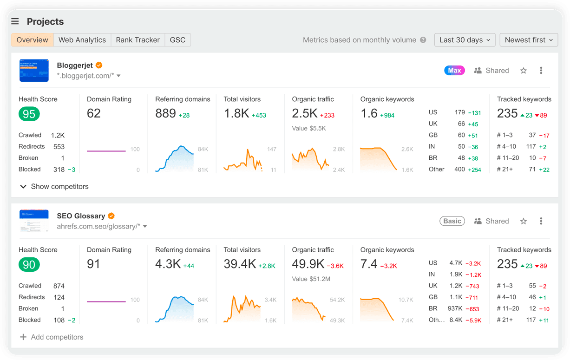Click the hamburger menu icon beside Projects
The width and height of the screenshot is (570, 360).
15,21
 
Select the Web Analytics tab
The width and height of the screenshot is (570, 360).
82,40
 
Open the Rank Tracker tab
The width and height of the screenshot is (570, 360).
138,40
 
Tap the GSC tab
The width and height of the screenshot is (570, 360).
177,40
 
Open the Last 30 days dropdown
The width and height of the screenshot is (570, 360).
465,40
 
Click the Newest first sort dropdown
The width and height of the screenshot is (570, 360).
529,40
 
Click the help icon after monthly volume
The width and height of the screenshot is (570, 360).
423,40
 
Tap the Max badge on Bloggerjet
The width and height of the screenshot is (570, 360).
454,71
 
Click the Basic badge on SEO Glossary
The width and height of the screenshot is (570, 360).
452,221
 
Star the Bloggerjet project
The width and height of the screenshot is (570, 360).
524,71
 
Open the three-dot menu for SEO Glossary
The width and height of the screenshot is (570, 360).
541,221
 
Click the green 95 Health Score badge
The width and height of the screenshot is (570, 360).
29,114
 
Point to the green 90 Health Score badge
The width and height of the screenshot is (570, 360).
29,264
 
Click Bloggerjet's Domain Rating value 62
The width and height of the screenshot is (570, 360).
94,113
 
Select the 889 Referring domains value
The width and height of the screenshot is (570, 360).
165,113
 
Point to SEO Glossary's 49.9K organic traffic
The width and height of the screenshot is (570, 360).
308,264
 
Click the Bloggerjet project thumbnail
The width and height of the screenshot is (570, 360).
34,71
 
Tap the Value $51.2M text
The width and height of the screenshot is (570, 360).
311,279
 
